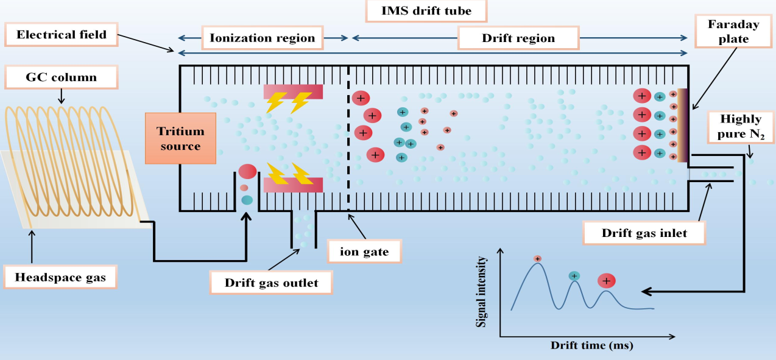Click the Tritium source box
click(181, 138)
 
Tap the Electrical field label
click(61, 34)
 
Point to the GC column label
click(61, 77)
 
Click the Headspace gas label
click(61, 277)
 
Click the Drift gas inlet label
click(644, 232)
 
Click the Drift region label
click(518, 38)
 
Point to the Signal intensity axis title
click(482, 291)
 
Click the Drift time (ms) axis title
click(591, 345)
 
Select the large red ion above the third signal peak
click(606, 281)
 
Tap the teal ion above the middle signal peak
click(574, 277)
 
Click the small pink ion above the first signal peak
click(537, 259)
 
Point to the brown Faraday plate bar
click(683, 125)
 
